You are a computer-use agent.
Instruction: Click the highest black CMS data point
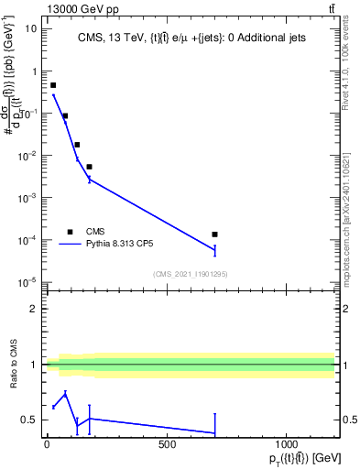click(53, 85)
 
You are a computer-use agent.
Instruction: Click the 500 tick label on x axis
click(167, 444)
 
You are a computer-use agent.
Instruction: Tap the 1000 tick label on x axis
click(287, 444)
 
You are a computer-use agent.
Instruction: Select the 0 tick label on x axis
click(46, 444)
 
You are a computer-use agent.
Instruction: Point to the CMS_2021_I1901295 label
click(190, 273)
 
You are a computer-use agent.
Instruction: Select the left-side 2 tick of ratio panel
click(34, 309)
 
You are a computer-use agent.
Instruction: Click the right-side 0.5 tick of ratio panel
click(348, 420)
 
